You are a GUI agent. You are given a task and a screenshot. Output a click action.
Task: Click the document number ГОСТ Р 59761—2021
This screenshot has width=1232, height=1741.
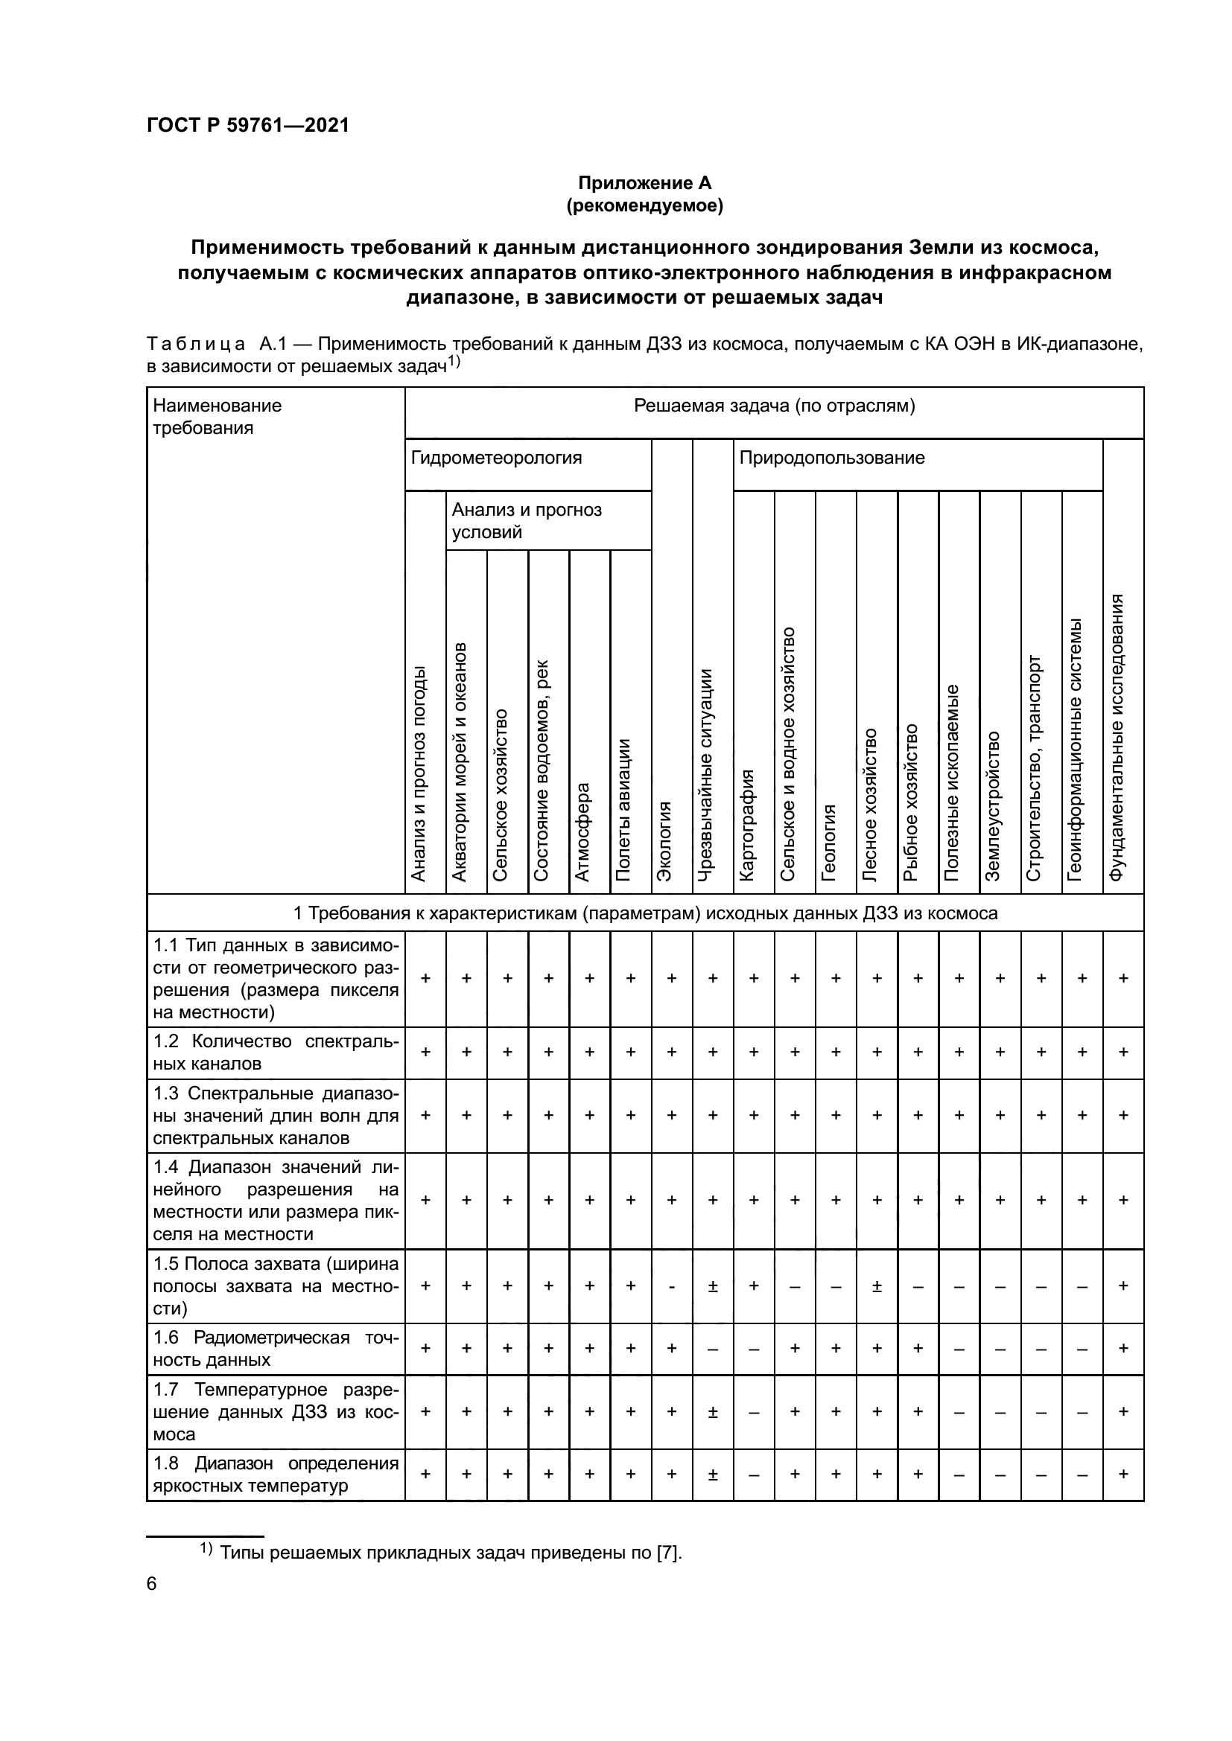248,126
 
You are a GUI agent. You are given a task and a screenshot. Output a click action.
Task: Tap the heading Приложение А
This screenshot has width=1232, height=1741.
645,183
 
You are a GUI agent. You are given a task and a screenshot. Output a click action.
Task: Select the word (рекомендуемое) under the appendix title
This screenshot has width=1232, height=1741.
645,205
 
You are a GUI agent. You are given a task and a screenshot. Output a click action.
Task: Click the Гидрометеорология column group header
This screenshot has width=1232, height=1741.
497,458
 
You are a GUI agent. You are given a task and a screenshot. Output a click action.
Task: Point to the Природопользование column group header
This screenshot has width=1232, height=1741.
832,458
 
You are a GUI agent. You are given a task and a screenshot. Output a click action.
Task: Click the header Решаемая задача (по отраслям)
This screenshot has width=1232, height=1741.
774,406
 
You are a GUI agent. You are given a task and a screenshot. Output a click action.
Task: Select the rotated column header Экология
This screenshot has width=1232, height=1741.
664,840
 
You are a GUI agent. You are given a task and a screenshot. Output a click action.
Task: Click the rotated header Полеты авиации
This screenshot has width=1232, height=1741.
623,809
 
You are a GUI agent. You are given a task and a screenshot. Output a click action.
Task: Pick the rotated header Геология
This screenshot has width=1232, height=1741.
828,842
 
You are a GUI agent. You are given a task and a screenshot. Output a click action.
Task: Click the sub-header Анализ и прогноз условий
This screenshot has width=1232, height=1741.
527,520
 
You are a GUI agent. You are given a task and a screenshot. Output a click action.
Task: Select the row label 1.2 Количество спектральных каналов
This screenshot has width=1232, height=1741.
276,1052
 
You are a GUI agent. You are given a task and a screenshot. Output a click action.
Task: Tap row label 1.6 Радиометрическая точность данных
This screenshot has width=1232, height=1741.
276,1348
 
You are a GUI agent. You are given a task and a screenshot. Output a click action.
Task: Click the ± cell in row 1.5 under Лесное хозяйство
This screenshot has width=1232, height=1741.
877,1286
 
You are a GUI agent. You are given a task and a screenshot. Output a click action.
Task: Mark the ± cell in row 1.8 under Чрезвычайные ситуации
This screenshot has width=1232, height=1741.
713,1474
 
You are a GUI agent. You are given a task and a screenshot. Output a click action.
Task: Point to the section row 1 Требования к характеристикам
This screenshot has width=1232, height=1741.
645,914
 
